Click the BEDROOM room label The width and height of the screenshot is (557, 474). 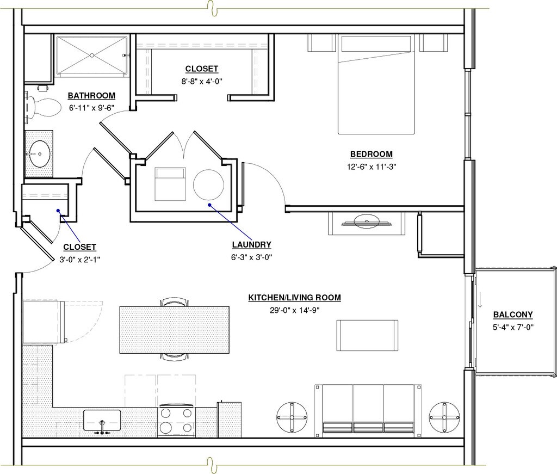pyautogui.click(x=371, y=154)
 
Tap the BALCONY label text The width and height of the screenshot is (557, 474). pyautogui.click(x=513, y=315)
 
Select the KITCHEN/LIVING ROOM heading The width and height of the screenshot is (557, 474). pyautogui.click(x=294, y=297)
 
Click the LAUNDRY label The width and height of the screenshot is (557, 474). pyautogui.click(x=251, y=244)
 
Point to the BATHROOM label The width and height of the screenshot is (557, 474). pyautogui.click(x=91, y=96)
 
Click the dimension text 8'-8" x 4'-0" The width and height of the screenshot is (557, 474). pyautogui.click(x=202, y=82)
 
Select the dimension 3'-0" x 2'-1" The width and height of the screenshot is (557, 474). pyautogui.click(x=79, y=260)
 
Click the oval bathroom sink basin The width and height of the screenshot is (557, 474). pyautogui.click(x=39, y=154)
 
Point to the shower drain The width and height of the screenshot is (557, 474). pyautogui.click(x=91, y=56)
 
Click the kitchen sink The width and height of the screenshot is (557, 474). pyautogui.click(x=102, y=420)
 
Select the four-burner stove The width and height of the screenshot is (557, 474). pyautogui.click(x=176, y=421)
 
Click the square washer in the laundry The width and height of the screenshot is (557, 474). pyautogui.click(x=170, y=184)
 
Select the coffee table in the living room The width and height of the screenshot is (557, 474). pyautogui.click(x=367, y=335)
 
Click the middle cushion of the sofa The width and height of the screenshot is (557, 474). pyautogui.click(x=368, y=409)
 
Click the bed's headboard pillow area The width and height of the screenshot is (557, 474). pyautogui.click(x=376, y=44)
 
